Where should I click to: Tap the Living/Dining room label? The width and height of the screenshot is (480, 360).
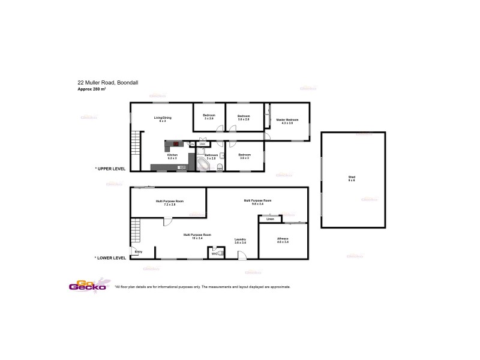point(163,118)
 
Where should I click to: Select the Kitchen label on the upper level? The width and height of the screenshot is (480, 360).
point(172,155)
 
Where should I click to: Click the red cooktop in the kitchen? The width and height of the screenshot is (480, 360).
point(176,143)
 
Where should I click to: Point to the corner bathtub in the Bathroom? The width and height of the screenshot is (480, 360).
point(203,164)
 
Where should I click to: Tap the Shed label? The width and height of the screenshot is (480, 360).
point(352,177)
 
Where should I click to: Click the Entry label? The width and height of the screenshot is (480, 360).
point(139,251)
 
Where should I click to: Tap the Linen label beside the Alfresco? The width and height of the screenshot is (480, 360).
point(270,219)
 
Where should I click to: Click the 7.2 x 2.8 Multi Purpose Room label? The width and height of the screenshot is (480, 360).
point(170,201)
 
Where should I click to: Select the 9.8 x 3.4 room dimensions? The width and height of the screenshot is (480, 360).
point(258,204)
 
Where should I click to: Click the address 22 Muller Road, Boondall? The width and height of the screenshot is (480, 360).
point(106,83)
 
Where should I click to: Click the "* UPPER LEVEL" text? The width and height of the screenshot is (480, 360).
point(110,169)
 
